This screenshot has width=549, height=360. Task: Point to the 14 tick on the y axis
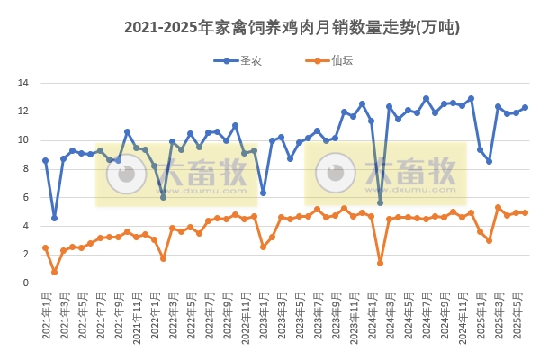tap(24, 83)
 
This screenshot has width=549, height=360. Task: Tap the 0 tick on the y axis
tap(27, 283)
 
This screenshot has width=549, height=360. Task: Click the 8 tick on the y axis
tap(27, 168)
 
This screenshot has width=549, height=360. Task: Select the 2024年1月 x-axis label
tap(371, 310)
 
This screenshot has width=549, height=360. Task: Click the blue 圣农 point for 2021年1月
tap(45, 160)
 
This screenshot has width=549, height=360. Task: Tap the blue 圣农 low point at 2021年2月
tap(54, 218)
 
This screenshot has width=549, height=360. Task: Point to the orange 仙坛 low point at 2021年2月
tap(54, 272)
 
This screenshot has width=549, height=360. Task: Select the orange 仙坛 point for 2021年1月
tap(45, 247)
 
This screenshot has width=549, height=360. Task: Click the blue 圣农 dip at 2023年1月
tap(263, 193)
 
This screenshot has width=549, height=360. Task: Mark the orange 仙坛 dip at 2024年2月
tap(380, 263)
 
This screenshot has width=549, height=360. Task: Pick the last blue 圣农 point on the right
tap(525, 107)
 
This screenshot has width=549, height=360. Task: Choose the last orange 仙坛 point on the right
tap(525, 212)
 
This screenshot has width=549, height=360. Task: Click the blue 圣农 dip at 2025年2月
tap(489, 161)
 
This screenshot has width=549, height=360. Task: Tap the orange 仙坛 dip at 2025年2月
tap(489, 240)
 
